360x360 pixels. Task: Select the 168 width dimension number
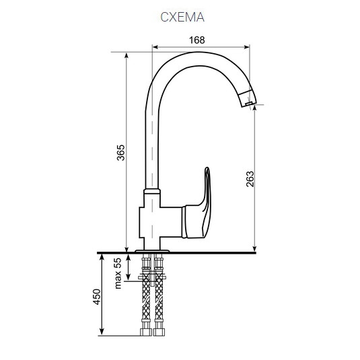coord(196,40)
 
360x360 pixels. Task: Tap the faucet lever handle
coord(203,202)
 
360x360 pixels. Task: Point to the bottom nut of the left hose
coord(146,330)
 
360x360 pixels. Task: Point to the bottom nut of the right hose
coord(159,330)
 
